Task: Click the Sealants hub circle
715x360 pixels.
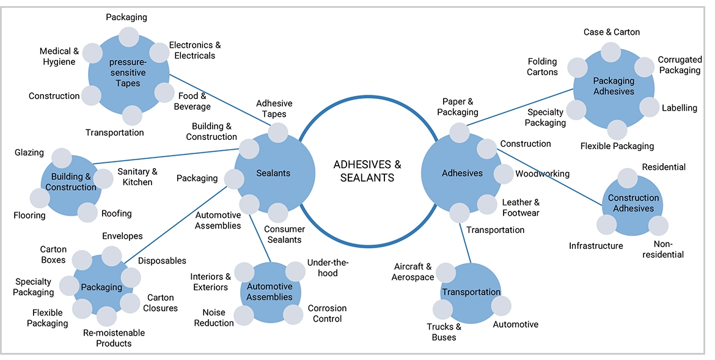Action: tap(274, 173)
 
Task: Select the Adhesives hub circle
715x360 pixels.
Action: tap(462, 173)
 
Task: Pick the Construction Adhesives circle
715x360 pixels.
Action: tap(633, 204)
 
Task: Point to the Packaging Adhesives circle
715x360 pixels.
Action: tap(614, 86)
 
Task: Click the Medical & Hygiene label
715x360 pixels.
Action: tap(59, 56)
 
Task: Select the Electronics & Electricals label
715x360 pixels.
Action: tap(195, 50)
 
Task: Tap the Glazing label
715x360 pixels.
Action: tap(29, 153)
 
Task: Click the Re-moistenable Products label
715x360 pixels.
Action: tap(114, 338)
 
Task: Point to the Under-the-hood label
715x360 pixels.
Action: tap(328, 268)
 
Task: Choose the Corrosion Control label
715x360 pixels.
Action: tap(327, 314)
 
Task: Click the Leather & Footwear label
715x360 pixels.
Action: tap(521, 207)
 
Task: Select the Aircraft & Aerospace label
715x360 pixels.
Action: tap(414, 272)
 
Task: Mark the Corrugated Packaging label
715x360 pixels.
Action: tap(679, 65)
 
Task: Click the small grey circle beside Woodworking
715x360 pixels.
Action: tap(504, 174)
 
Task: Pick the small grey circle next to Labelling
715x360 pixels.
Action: tap(650, 108)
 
